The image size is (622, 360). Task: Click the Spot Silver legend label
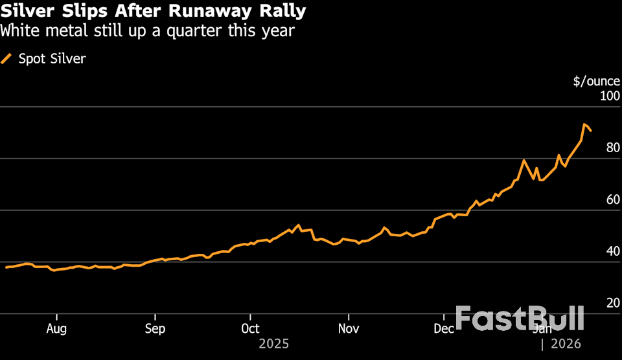tap(51, 59)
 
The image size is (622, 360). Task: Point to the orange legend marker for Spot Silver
tap(7, 59)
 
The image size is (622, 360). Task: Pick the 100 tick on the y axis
tap(609, 96)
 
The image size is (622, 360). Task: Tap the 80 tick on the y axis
tap(612, 148)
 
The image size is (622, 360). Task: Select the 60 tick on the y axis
tap(612, 200)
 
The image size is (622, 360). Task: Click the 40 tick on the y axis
tap(612, 252)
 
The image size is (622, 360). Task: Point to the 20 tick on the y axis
tap(612, 304)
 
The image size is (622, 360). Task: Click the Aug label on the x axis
tap(57, 329)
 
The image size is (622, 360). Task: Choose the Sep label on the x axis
tap(155, 329)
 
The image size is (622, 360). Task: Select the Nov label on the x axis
tap(349, 329)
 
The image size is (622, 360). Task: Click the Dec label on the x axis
tap(444, 329)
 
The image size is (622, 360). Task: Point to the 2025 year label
tap(273, 344)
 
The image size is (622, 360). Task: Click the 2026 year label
tap(566, 344)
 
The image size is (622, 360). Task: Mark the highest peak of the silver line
tap(584, 124)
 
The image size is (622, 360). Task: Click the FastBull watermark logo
tap(520, 319)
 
